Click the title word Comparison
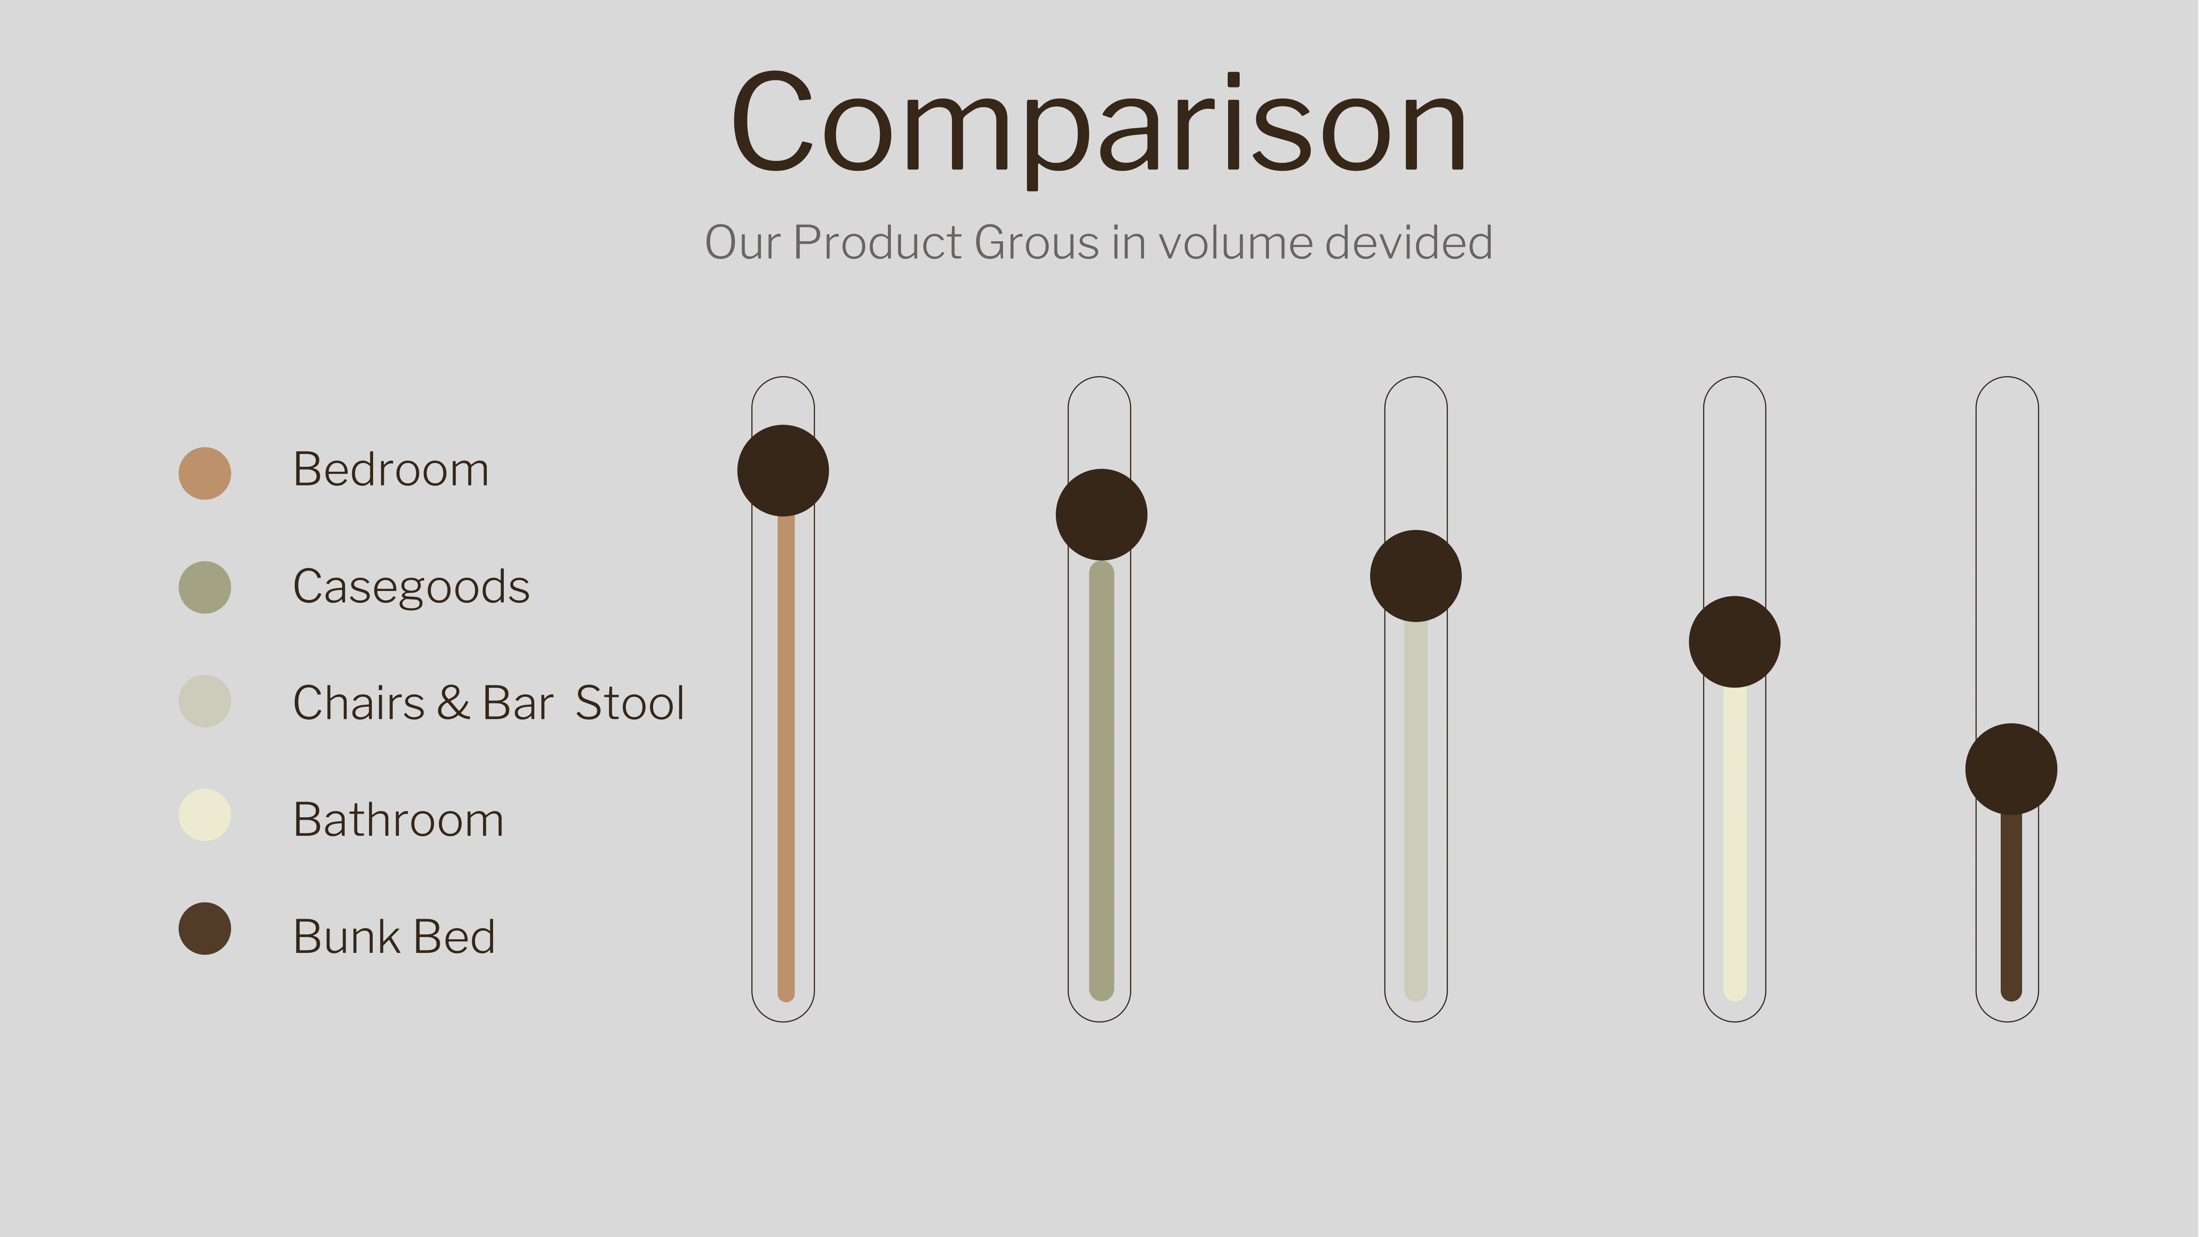(1099, 128)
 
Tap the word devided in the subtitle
(1410, 242)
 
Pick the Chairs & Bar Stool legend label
(488, 703)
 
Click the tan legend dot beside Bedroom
(205, 473)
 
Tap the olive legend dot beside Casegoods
(205, 587)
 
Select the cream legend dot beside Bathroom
(205, 815)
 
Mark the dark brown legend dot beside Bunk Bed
(205, 929)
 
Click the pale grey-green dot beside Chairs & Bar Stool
(205, 701)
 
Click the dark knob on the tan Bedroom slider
(783, 470)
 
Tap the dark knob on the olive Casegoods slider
(1101, 515)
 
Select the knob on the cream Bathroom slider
(1735, 642)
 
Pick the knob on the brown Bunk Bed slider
(2011, 769)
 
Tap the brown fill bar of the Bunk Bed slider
(2011, 907)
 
